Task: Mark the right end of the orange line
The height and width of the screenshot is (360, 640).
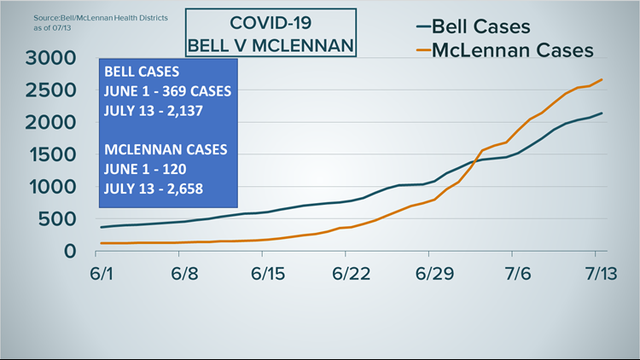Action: [603, 79]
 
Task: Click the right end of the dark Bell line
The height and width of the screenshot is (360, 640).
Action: [603, 113]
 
